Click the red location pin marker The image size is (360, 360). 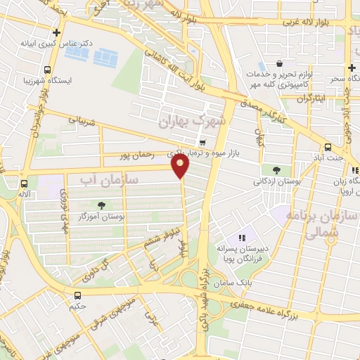click(x=180, y=166)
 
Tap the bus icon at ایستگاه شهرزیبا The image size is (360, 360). click(x=47, y=70)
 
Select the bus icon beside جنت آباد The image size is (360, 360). click(x=328, y=147)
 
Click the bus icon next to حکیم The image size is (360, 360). click(x=77, y=295)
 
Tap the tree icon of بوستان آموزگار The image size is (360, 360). click(x=103, y=205)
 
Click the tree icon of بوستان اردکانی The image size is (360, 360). click(x=276, y=169)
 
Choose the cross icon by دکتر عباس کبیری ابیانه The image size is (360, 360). click(x=57, y=32)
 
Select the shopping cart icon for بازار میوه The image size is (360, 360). click(x=202, y=143)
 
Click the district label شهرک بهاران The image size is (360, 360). click(x=194, y=121)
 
